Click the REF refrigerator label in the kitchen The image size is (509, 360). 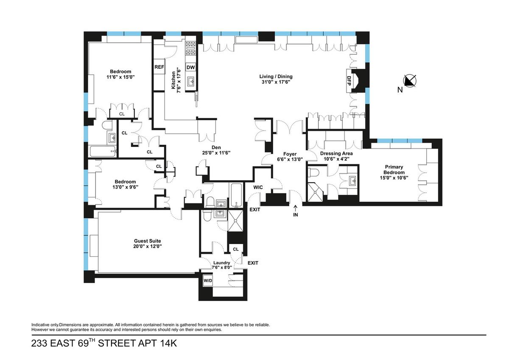(159, 67)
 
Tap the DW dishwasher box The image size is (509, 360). (190, 67)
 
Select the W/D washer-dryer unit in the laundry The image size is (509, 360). (208, 281)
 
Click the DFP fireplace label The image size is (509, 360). (349, 81)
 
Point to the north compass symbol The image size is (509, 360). (410, 81)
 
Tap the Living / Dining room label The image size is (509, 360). (276, 76)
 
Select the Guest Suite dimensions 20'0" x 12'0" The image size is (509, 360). (148, 246)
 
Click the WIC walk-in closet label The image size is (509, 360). (258, 187)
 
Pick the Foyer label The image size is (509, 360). (290, 154)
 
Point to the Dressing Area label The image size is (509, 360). (336, 153)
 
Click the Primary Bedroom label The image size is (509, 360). (394, 169)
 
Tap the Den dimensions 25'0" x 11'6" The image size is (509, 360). (216, 153)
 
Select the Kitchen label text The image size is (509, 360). (173, 80)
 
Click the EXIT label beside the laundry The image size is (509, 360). (253, 263)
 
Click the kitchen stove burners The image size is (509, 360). (190, 48)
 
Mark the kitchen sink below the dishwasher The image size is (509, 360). (190, 81)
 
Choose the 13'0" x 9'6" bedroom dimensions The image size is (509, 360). (125, 187)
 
